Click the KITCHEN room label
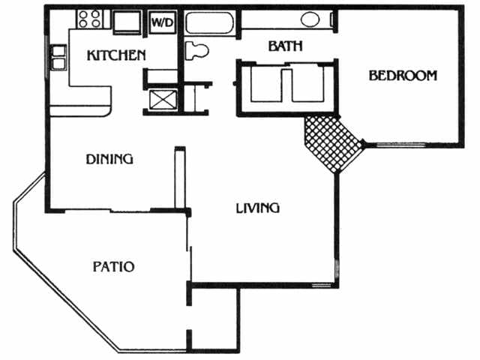pos(115,55)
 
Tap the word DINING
pos(109,159)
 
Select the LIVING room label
pos(257,208)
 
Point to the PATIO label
pos(113,266)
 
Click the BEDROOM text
pos(402,76)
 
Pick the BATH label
pos(285,46)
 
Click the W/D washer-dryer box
pos(162,22)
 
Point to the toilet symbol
pos(196,51)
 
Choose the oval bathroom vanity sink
pos(310,20)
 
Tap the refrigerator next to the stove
pos(125,22)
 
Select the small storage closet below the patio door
pos(213,318)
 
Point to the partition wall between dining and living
pos(178,176)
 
